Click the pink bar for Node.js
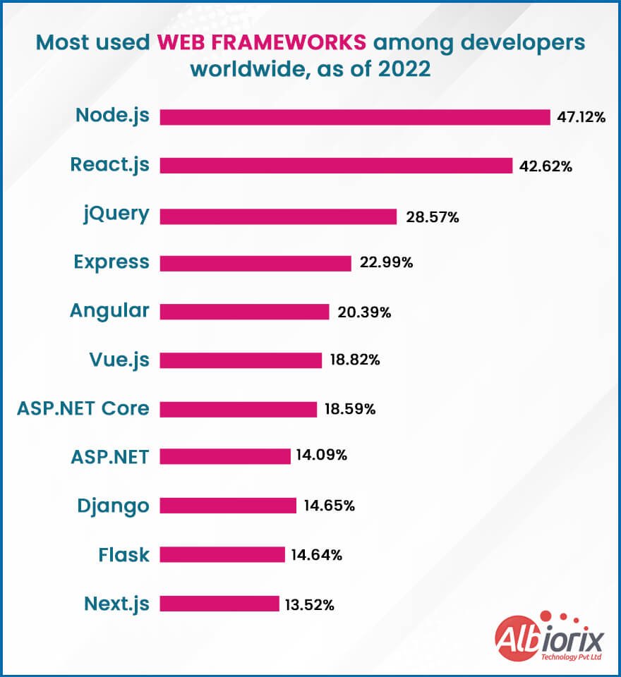tap(354, 117)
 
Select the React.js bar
tap(336, 166)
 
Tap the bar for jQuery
tap(278, 216)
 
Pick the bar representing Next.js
tap(219, 604)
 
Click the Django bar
tap(228, 506)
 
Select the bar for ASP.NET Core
tap(238, 409)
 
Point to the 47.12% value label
tap(581, 118)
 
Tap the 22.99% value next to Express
tap(386, 263)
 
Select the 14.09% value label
tap(322, 456)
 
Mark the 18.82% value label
tap(355, 360)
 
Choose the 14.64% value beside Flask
tap(317, 555)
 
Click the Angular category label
tap(109, 311)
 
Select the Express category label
tap(111, 262)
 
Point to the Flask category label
tap(123, 555)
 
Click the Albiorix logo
tap(550, 638)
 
